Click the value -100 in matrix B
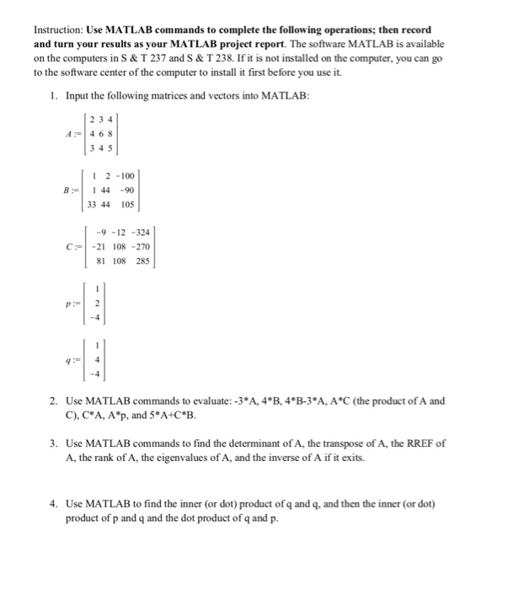pos(127,177)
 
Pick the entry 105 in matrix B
pos(127,204)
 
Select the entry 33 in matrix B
pos(94,204)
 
